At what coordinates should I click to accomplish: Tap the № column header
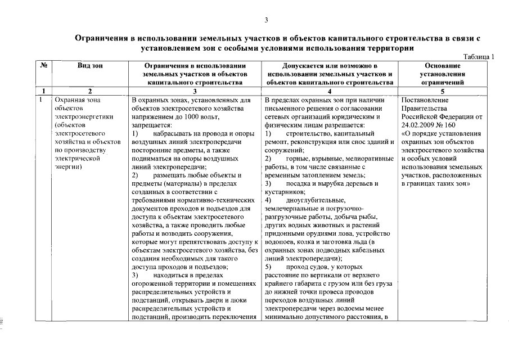point(43,66)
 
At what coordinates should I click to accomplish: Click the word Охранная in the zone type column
point(65,100)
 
